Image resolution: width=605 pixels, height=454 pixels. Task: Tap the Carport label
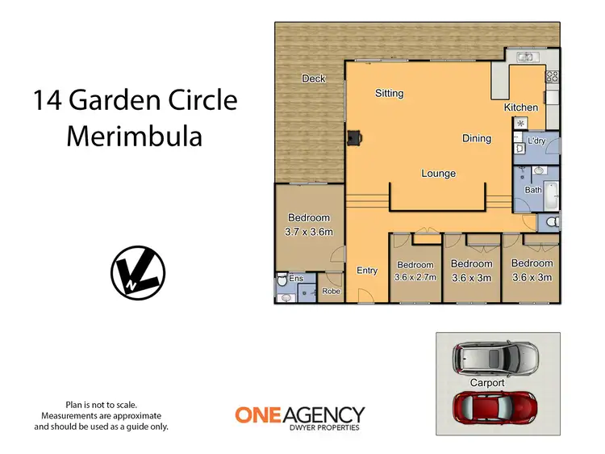pos(486,382)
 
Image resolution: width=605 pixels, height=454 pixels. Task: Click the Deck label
pos(313,78)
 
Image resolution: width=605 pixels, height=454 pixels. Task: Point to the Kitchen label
pos(520,107)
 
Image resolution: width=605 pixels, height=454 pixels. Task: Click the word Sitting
pos(389,94)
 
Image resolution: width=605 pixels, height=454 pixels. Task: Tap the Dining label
pos(476,138)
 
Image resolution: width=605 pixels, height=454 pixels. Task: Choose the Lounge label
pos(438,174)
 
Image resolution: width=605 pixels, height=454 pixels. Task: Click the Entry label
pos(366,271)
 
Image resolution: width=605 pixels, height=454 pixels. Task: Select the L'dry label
pos(537,141)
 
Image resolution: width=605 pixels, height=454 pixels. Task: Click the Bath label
pos(533,190)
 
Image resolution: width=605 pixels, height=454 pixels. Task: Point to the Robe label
pos(330,291)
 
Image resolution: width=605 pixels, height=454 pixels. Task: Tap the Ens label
pos(296,279)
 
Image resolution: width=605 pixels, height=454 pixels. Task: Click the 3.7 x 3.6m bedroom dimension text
pos(309,231)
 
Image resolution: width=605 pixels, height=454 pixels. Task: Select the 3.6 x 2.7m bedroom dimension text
pos(415,277)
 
